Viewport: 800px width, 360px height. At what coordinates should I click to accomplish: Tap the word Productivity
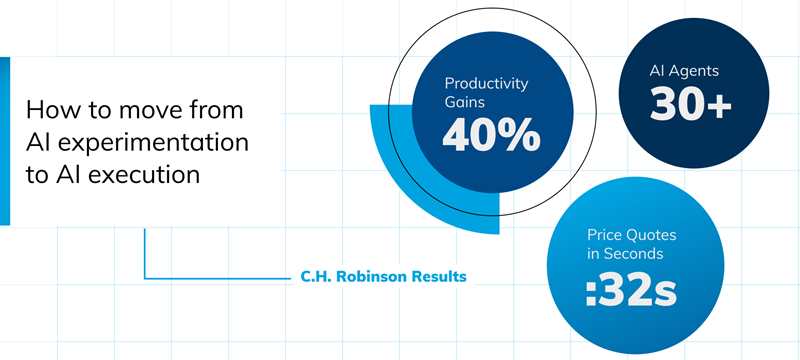coord(486,83)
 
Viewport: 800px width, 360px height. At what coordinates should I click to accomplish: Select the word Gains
coord(465,102)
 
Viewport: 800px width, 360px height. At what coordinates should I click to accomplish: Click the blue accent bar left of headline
coord(5,140)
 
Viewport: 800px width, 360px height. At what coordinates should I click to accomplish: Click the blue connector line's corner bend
coord(145,276)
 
